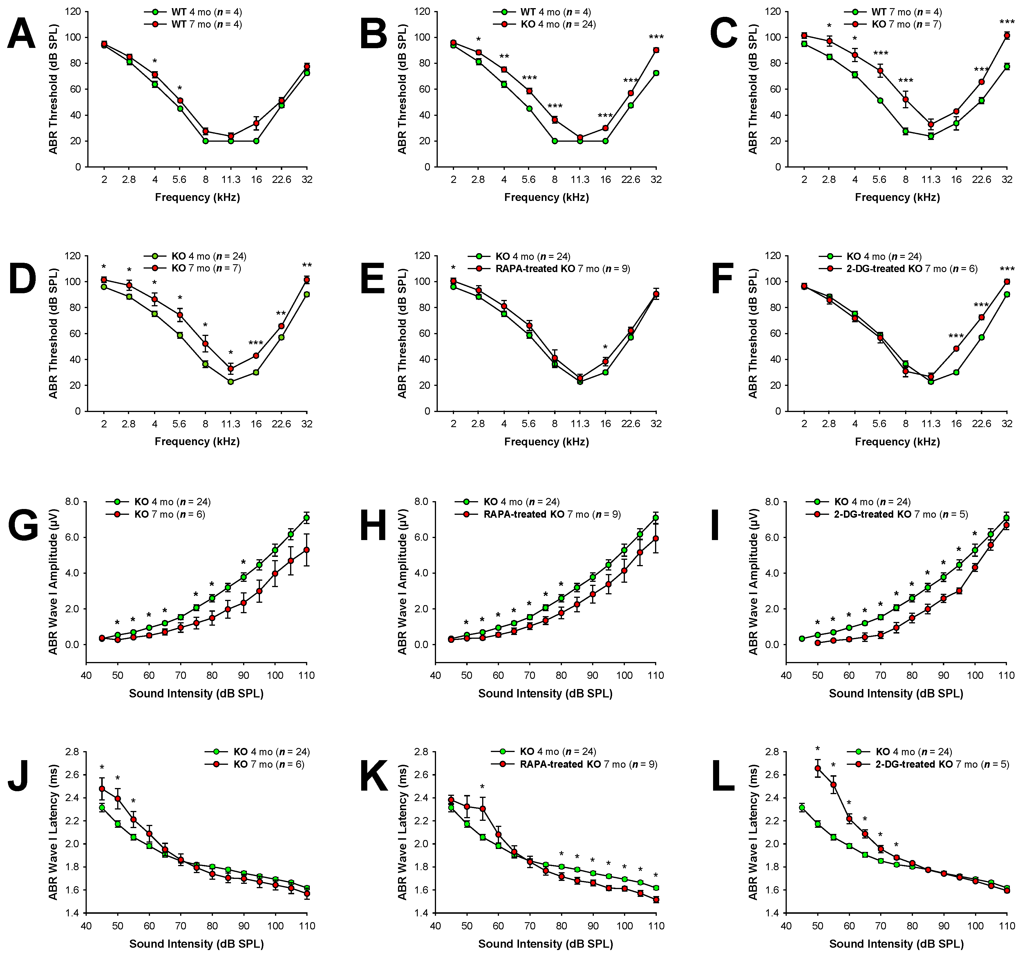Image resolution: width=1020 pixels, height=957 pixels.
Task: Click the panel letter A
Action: click(x=21, y=34)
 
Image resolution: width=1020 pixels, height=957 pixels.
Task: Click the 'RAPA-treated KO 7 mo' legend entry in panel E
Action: click(x=562, y=269)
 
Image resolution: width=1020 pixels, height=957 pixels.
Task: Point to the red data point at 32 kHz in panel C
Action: click(x=1007, y=35)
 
